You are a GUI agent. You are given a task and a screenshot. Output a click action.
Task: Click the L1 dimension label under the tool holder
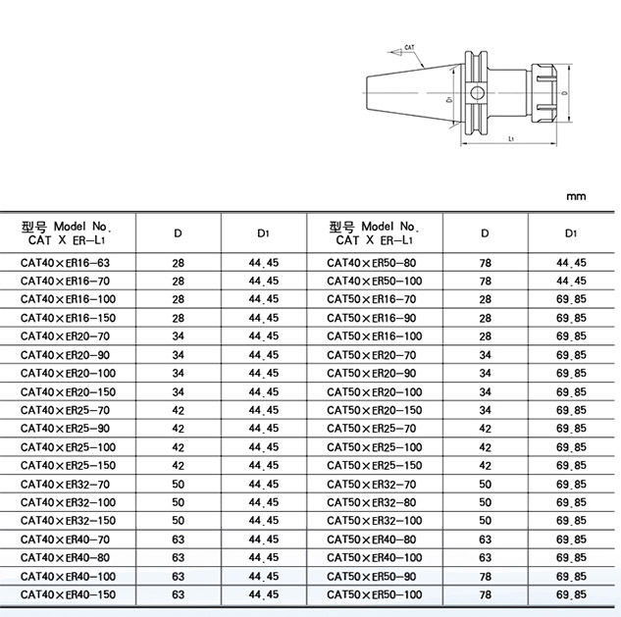[x=514, y=140]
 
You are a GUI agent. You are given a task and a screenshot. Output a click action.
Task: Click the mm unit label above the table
[x=576, y=196]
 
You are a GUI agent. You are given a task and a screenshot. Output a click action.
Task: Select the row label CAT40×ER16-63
[x=67, y=263]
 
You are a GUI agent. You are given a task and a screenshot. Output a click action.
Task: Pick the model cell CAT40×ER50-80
[x=371, y=263]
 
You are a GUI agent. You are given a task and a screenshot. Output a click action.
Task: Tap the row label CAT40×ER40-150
[x=70, y=594]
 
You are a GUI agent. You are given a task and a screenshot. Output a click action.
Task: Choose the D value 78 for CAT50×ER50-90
[x=485, y=576]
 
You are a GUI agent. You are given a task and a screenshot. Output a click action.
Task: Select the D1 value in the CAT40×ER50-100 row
[x=571, y=281]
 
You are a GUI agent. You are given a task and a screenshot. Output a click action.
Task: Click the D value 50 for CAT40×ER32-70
[x=178, y=484]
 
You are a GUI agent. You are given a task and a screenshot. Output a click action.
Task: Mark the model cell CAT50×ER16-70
[x=371, y=299]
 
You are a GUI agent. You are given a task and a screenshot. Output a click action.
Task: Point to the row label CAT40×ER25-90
[x=67, y=429]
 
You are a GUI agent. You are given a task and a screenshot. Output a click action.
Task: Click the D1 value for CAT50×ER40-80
[x=571, y=539]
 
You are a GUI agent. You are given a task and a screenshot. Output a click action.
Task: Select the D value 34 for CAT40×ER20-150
[x=178, y=391]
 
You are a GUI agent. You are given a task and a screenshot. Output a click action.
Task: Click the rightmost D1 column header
[x=571, y=233]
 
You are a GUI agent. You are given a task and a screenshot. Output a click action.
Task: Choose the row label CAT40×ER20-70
[x=67, y=336]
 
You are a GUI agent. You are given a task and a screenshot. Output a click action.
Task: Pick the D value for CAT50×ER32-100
[x=485, y=520]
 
